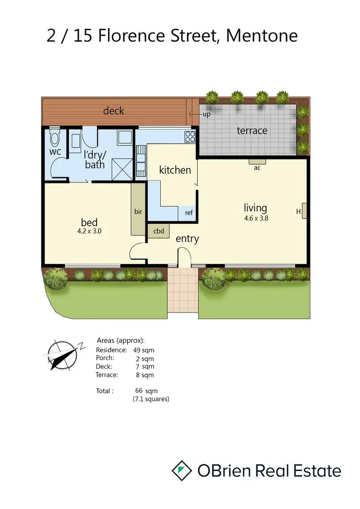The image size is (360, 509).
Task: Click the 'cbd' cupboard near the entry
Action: (158, 231)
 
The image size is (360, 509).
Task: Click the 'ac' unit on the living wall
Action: (257, 167)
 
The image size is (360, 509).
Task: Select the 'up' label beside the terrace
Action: (206, 114)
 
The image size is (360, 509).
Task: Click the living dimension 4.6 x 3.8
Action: (255, 217)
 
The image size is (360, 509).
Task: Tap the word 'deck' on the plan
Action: (114, 111)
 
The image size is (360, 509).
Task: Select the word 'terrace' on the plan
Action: (252, 130)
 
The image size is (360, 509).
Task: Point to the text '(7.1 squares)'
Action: (151, 399)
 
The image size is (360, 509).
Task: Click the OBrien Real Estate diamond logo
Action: (182, 470)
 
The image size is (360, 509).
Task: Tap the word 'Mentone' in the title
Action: (262, 36)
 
